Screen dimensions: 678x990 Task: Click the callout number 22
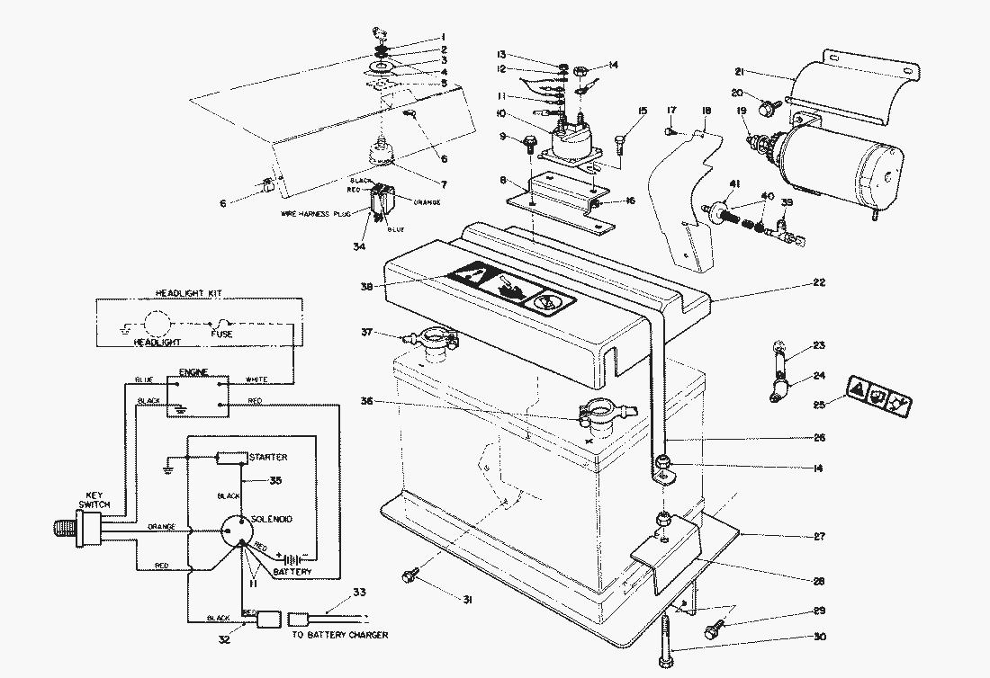pyautogui.click(x=818, y=283)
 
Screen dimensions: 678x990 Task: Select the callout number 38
pyautogui.click(x=364, y=288)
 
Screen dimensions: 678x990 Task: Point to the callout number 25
pyautogui.click(x=818, y=406)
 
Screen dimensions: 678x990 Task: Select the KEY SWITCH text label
pyautogui.click(x=96, y=500)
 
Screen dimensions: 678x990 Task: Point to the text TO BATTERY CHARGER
pyautogui.click(x=340, y=635)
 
